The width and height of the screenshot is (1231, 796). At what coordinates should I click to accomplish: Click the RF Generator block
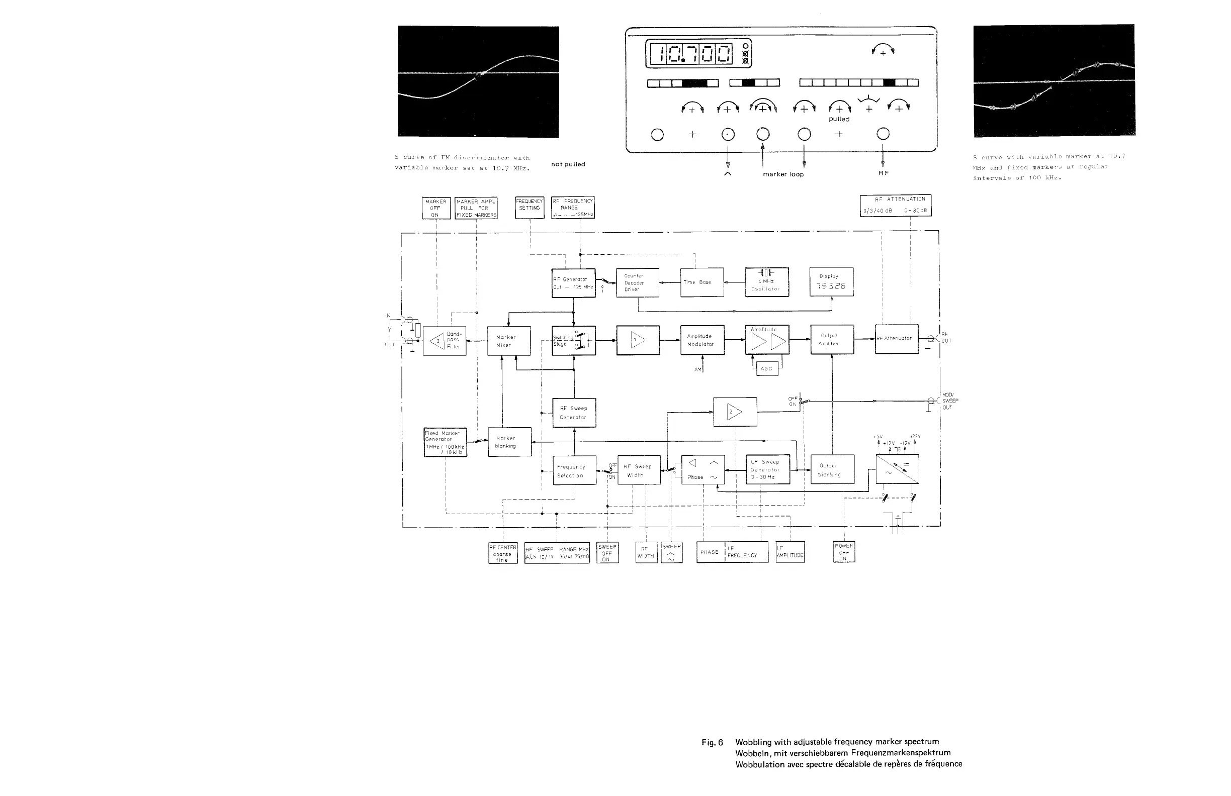pyautogui.click(x=573, y=283)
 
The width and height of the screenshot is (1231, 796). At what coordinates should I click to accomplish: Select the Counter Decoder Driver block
pyautogui.click(x=637, y=283)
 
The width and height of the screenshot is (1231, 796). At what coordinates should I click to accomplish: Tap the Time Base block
pyautogui.click(x=701, y=282)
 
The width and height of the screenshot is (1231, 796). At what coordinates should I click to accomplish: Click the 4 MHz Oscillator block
pyautogui.click(x=766, y=282)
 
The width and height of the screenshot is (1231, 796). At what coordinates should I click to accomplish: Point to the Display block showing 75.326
pyautogui.click(x=831, y=282)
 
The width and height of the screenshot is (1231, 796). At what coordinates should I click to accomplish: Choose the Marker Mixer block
pyautogui.click(x=508, y=341)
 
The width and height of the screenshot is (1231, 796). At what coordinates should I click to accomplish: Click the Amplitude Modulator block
pyautogui.click(x=702, y=340)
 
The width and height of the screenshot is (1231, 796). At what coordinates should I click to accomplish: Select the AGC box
pyautogui.click(x=766, y=368)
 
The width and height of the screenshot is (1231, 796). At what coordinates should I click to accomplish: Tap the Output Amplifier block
pyautogui.click(x=831, y=340)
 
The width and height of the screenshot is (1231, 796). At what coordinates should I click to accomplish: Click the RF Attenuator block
pyautogui.click(x=897, y=339)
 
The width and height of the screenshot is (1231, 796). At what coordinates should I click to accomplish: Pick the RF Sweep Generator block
pyautogui.click(x=574, y=413)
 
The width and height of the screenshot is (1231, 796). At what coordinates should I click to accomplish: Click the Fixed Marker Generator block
pyautogui.click(x=445, y=442)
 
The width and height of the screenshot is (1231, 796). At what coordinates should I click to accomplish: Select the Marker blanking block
pyautogui.click(x=509, y=442)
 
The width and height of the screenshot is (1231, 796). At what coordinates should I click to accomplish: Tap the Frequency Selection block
pyautogui.click(x=574, y=470)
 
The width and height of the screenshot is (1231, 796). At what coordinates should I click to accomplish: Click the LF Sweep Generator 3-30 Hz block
pyautogui.click(x=767, y=469)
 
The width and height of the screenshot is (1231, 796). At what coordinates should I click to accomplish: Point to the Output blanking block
pyautogui.click(x=832, y=469)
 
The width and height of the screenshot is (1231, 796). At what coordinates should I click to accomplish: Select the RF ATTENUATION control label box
pyautogui.click(x=895, y=205)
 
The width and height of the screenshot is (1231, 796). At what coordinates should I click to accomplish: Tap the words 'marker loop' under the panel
pyautogui.click(x=783, y=174)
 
